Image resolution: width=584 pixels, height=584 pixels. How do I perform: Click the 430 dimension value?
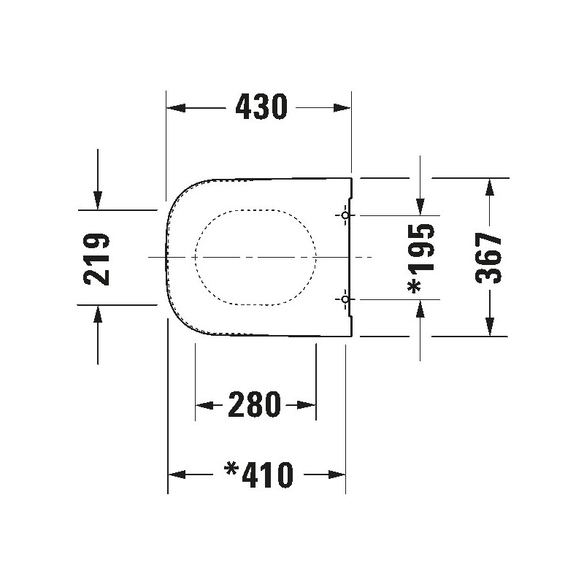[261, 107]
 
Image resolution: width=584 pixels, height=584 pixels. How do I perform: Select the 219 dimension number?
[97, 259]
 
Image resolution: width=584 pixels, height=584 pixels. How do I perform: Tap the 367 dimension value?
[489, 258]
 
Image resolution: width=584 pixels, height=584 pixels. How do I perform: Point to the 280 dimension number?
[254, 404]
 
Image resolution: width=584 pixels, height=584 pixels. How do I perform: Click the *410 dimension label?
[259, 475]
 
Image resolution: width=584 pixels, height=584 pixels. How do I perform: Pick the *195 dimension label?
[421, 258]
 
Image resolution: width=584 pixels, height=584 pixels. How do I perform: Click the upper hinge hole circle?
[345, 215]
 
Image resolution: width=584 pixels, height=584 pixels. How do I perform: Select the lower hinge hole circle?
[345, 299]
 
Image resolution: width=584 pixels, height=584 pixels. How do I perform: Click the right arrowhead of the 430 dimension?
[342, 108]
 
